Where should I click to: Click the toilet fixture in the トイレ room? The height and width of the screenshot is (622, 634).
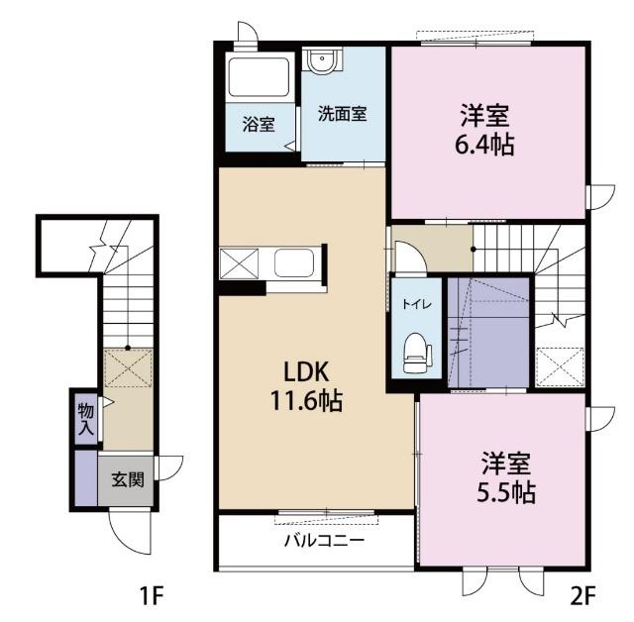coord(418,353)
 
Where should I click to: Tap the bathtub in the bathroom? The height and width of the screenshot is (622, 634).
coord(259,76)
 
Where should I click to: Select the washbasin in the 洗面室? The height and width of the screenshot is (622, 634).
coord(322,61)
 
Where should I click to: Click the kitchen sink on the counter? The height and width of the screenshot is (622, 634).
coord(294,263)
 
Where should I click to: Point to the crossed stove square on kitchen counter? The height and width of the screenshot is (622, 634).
coord(240,263)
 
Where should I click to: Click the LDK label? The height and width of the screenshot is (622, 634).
coord(306,372)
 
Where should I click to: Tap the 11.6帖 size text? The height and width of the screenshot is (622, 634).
coord(306,400)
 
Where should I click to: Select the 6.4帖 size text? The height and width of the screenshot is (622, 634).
coord(484,145)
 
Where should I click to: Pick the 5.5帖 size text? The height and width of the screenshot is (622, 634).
coord(506,492)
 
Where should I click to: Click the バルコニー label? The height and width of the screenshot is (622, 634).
coord(324,540)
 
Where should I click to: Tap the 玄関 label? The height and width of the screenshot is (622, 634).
coord(128,480)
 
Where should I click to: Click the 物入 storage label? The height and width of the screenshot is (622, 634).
coord(86,419)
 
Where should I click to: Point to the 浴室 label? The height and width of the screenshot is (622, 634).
coord(259,125)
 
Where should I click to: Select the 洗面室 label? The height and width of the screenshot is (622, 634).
coord(342,114)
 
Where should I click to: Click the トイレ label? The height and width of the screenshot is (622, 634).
coord(417,304)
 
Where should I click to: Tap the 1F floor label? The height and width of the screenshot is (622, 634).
coord(151,595)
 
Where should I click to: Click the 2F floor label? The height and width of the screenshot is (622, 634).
coord(582,595)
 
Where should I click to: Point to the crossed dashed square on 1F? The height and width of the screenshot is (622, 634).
coord(128,368)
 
